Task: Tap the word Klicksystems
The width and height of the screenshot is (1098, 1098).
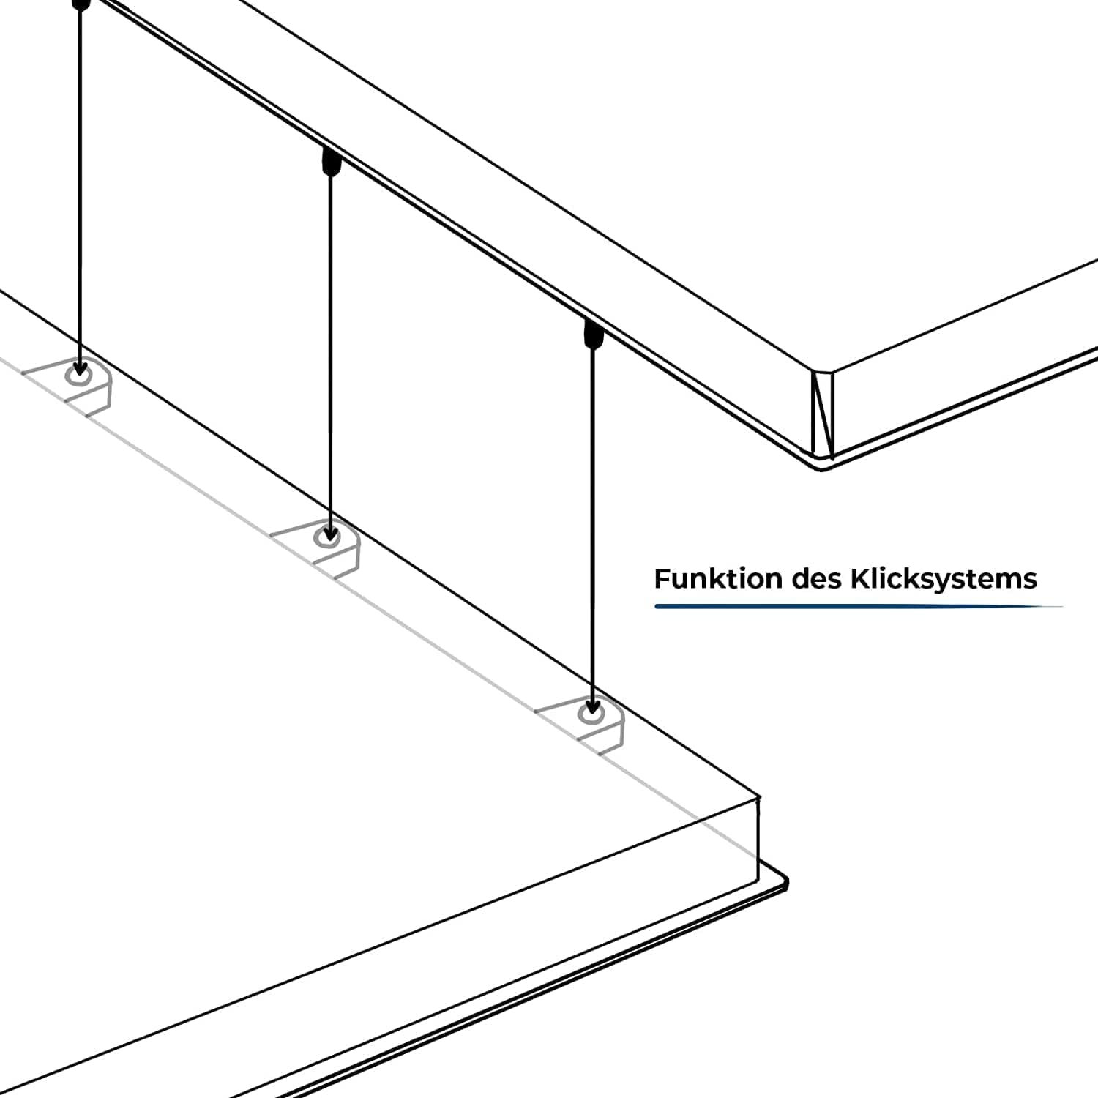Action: click(x=943, y=579)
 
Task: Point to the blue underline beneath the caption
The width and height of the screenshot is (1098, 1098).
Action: click(x=856, y=606)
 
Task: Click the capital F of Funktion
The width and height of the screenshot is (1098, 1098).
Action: click(x=662, y=578)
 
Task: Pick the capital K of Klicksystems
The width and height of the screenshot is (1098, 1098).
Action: click(x=859, y=578)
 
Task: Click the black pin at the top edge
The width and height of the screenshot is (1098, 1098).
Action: click(x=81, y=4)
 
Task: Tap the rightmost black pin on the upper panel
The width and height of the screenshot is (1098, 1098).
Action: click(x=593, y=334)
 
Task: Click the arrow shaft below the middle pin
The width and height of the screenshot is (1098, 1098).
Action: click(x=331, y=351)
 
